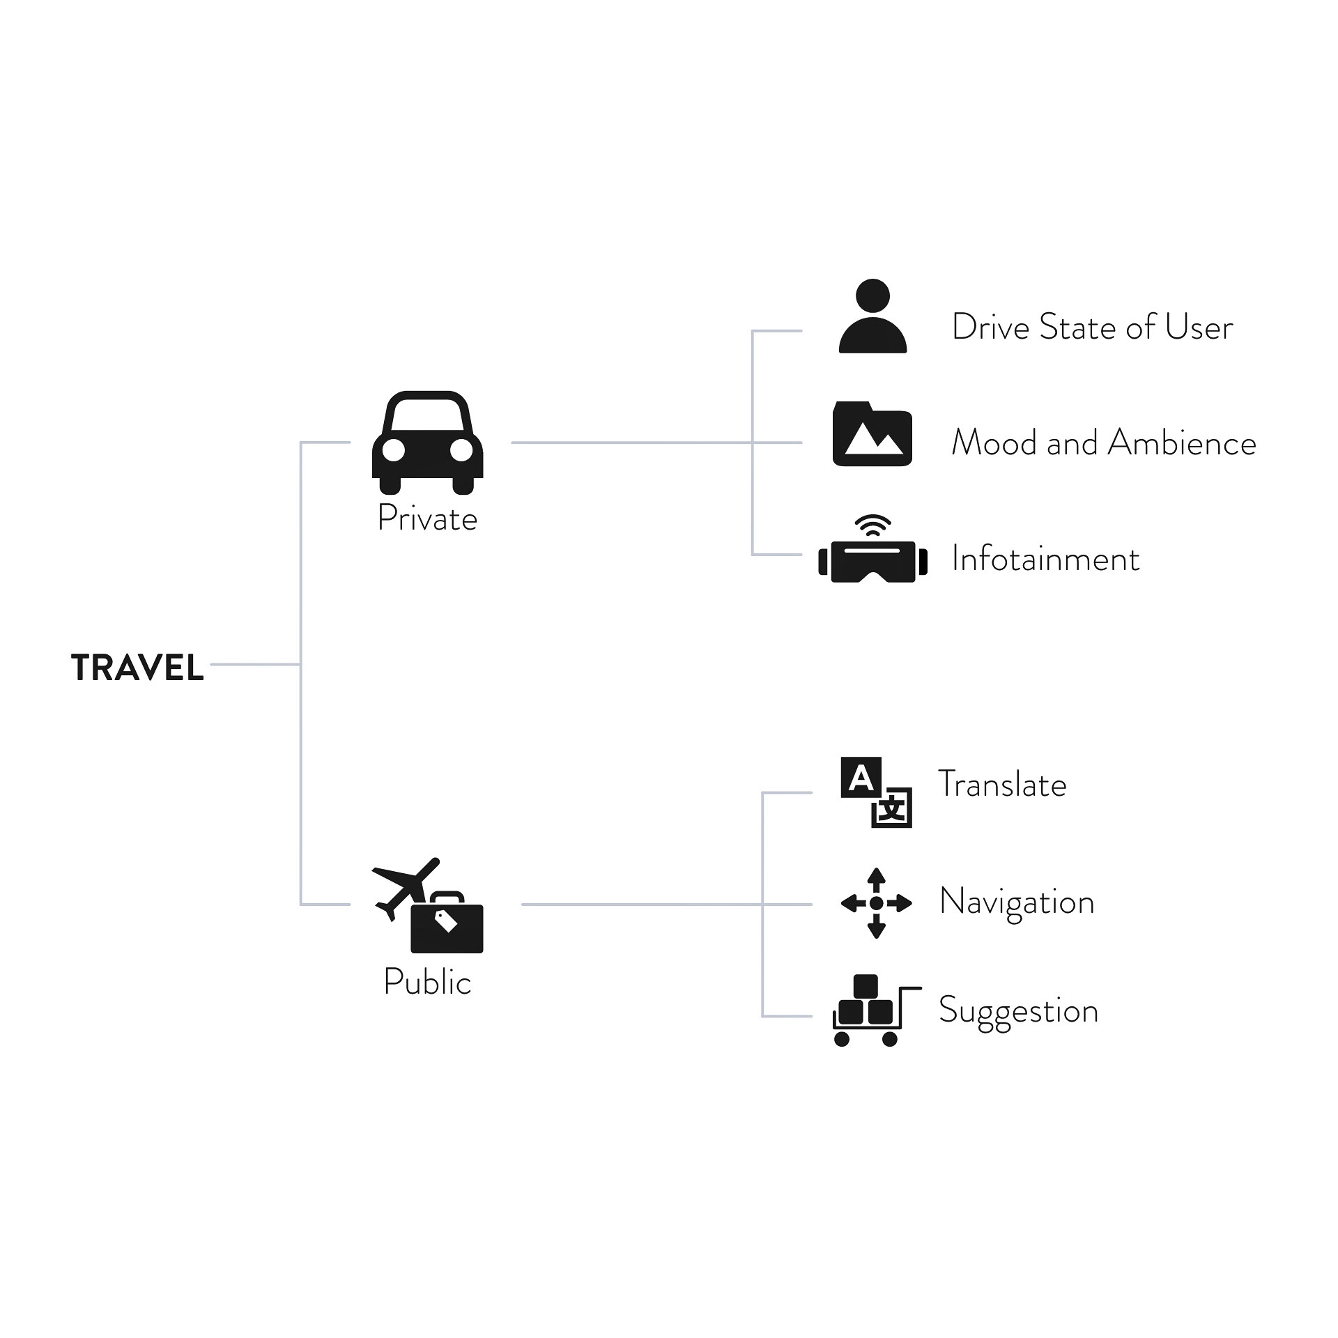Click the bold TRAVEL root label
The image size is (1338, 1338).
(137, 668)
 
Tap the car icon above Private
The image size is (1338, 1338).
(427, 443)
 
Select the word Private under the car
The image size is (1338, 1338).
(427, 518)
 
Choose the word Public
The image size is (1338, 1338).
(427, 982)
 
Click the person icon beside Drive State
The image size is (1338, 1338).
(872, 316)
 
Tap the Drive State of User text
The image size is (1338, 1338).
(1092, 327)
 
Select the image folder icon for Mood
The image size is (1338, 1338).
(872, 433)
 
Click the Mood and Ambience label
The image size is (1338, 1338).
(1104, 443)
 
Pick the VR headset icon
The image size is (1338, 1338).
(873, 561)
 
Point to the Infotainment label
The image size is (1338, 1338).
(1045, 559)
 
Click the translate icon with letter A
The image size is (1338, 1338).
(876, 792)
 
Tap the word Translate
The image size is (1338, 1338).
(1002, 784)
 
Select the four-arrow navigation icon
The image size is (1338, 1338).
(877, 903)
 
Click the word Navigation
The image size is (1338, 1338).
(1017, 903)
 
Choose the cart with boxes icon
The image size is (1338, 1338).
(877, 1010)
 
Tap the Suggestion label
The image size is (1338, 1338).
(1018, 1012)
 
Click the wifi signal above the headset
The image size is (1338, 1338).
(872, 525)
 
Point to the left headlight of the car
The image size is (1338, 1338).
(394, 451)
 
